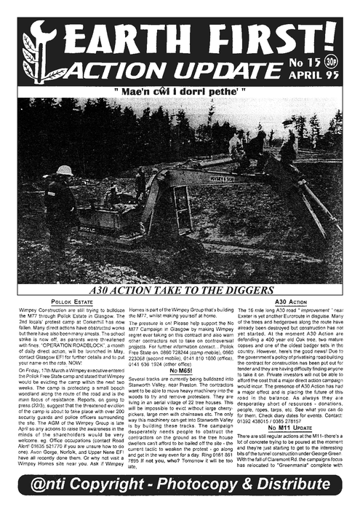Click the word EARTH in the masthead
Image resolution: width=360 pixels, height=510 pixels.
pos(124,32)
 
